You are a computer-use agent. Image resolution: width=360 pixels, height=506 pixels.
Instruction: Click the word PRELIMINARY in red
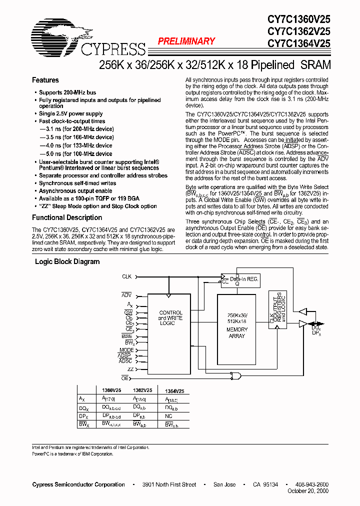tap(186, 41)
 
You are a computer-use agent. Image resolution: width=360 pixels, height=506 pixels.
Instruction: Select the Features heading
tap(45, 80)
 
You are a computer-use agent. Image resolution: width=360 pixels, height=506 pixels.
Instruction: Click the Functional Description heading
tap(67, 217)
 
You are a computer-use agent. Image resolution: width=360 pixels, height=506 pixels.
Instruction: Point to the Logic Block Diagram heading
tap(67, 261)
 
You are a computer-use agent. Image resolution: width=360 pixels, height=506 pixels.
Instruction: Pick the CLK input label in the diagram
tap(126, 276)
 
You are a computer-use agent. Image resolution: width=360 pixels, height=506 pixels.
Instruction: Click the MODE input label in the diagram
tap(126, 350)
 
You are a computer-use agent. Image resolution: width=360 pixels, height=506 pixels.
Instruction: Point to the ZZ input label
tap(130, 368)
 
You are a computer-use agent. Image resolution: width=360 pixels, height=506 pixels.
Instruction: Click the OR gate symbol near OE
tap(234, 375)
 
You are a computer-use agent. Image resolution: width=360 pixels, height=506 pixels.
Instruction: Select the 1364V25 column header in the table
tap(174, 391)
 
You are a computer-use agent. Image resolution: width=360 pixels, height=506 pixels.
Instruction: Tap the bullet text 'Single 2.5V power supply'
tap(70, 114)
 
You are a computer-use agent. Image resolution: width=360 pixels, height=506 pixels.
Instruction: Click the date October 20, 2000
tap(308, 491)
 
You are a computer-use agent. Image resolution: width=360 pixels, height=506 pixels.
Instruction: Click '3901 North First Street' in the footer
tap(168, 484)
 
